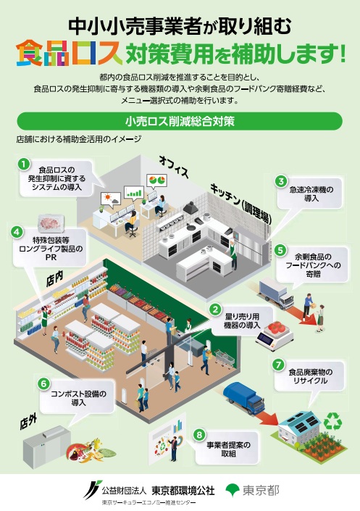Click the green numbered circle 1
click(x=24, y=164)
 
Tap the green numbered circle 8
click(x=199, y=434)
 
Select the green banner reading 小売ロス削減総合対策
click(x=180, y=121)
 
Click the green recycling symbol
click(x=332, y=421)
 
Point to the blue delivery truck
click(x=244, y=397)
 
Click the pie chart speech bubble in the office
click(x=156, y=180)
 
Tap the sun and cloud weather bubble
click(x=111, y=199)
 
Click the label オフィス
click(x=174, y=167)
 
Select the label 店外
click(x=28, y=423)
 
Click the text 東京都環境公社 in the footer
click(x=183, y=491)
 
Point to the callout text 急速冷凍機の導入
click(x=311, y=194)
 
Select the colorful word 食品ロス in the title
click(x=69, y=53)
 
